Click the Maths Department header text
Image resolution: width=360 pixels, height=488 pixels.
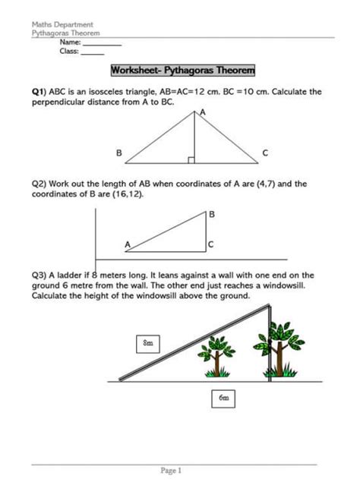tap(57, 25)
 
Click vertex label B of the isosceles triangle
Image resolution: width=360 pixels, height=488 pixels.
tap(118, 153)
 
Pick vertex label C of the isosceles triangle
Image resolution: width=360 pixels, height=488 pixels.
tap(265, 153)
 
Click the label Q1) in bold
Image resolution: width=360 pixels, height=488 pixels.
tap(39, 92)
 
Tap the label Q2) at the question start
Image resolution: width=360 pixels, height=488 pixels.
tap(40, 184)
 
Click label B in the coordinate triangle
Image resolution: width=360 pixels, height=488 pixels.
tap(212, 216)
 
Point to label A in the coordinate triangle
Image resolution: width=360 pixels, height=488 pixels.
tap(128, 244)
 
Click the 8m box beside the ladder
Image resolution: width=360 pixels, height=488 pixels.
tap(148, 344)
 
